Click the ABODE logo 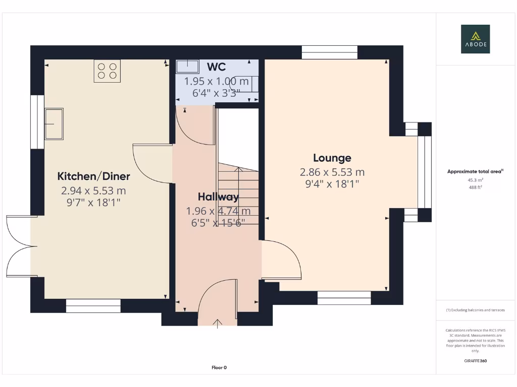[475, 39]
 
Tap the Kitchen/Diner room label [93, 176]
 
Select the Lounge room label [332, 158]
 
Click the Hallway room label [218, 197]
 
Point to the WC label [216, 67]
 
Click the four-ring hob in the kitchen [107, 71]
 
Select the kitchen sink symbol [54, 123]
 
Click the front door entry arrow [218, 323]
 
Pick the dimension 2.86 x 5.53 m [332, 172]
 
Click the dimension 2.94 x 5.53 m [93, 191]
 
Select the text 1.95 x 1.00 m [216, 81]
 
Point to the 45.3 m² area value [475, 180]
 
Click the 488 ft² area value [475, 187]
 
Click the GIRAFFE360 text [475, 361]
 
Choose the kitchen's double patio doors [20, 246]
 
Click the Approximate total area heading [475, 172]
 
